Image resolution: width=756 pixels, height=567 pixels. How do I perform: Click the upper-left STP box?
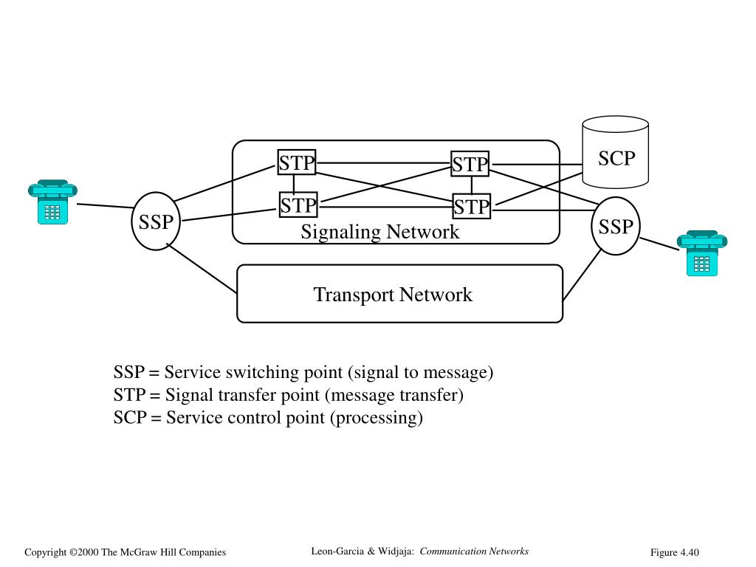pyautogui.click(x=297, y=162)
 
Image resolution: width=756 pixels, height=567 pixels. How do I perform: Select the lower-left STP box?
pyautogui.click(x=298, y=205)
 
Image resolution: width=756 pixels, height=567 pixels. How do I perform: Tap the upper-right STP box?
pyautogui.click(x=470, y=164)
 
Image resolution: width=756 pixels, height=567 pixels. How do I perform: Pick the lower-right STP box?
pyautogui.click(x=472, y=207)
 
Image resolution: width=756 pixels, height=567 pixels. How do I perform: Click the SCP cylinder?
pyautogui.click(x=616, y=153)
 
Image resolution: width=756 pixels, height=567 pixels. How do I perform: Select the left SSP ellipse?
pyautogui.click(x=157, y=221)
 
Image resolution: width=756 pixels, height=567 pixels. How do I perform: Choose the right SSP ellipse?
pyautogui.click(x=616, y=226)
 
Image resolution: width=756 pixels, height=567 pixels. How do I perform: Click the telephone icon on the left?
pyautogui.click(x=52, y=202)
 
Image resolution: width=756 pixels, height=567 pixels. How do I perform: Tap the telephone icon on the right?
pyautogui.click(x=701, y=253)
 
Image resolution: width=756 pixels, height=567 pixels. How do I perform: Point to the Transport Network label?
pyautogui.click(x=393, y=295)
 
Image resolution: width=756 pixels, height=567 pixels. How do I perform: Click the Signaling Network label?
pyautogui.click(x=379, y=232)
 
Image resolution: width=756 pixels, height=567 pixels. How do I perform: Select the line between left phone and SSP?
pyautogui.click(x=105, y=207)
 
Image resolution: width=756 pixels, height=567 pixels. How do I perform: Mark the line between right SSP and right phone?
pyautogui.click(x=659, y=244)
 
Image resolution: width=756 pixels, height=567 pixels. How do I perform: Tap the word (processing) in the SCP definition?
pyautogui.click(x=376, y=418)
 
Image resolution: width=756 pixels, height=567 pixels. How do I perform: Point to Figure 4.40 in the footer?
pyautogui.click(x=674, y=553)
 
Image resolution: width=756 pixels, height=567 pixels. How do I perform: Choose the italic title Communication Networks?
pyautogui.click(x=475, y=551)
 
